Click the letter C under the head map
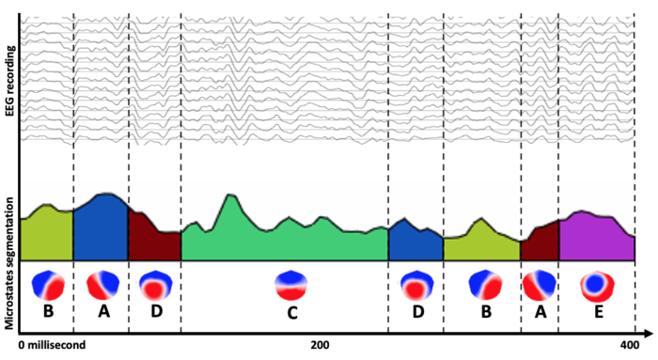[291, 312]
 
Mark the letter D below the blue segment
[417, 311]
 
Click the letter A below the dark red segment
[540, 311]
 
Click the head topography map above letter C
[290, 285]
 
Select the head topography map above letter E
[596, 284]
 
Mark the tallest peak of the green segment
[228, 196]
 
